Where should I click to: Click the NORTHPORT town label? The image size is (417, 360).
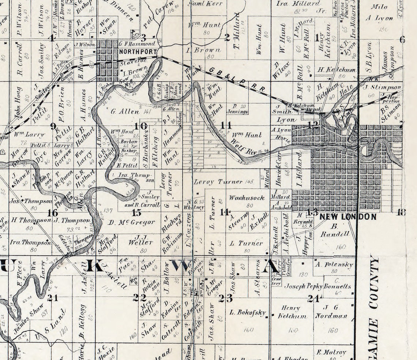coord(138,52)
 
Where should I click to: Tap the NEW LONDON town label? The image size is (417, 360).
coord(347,216)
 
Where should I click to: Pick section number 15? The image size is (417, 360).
coord(136,212)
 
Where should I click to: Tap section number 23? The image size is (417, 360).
coord(226,298)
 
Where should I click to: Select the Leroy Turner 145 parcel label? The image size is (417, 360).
coord(223,182)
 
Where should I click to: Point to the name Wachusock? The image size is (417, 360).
coord(247,198)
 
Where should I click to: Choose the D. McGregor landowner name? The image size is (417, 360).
coord(132,222)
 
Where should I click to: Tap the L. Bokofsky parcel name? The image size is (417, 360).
coord(247,312)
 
